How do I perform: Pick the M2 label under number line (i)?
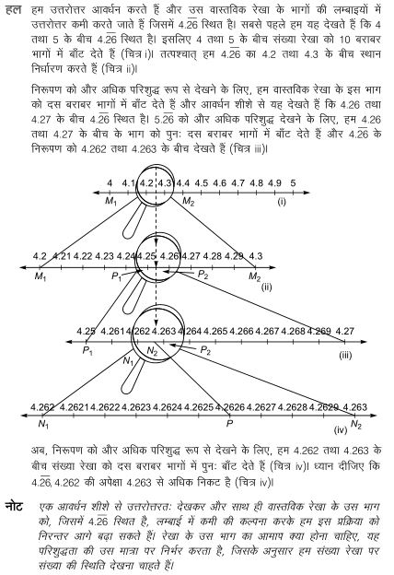[x=188, y=201]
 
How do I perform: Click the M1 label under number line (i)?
[x=111, y=201]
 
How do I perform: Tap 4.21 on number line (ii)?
[x=62, y=254]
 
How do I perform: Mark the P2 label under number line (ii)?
[x=203, y=276]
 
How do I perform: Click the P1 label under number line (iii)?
[x=88, y=351]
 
